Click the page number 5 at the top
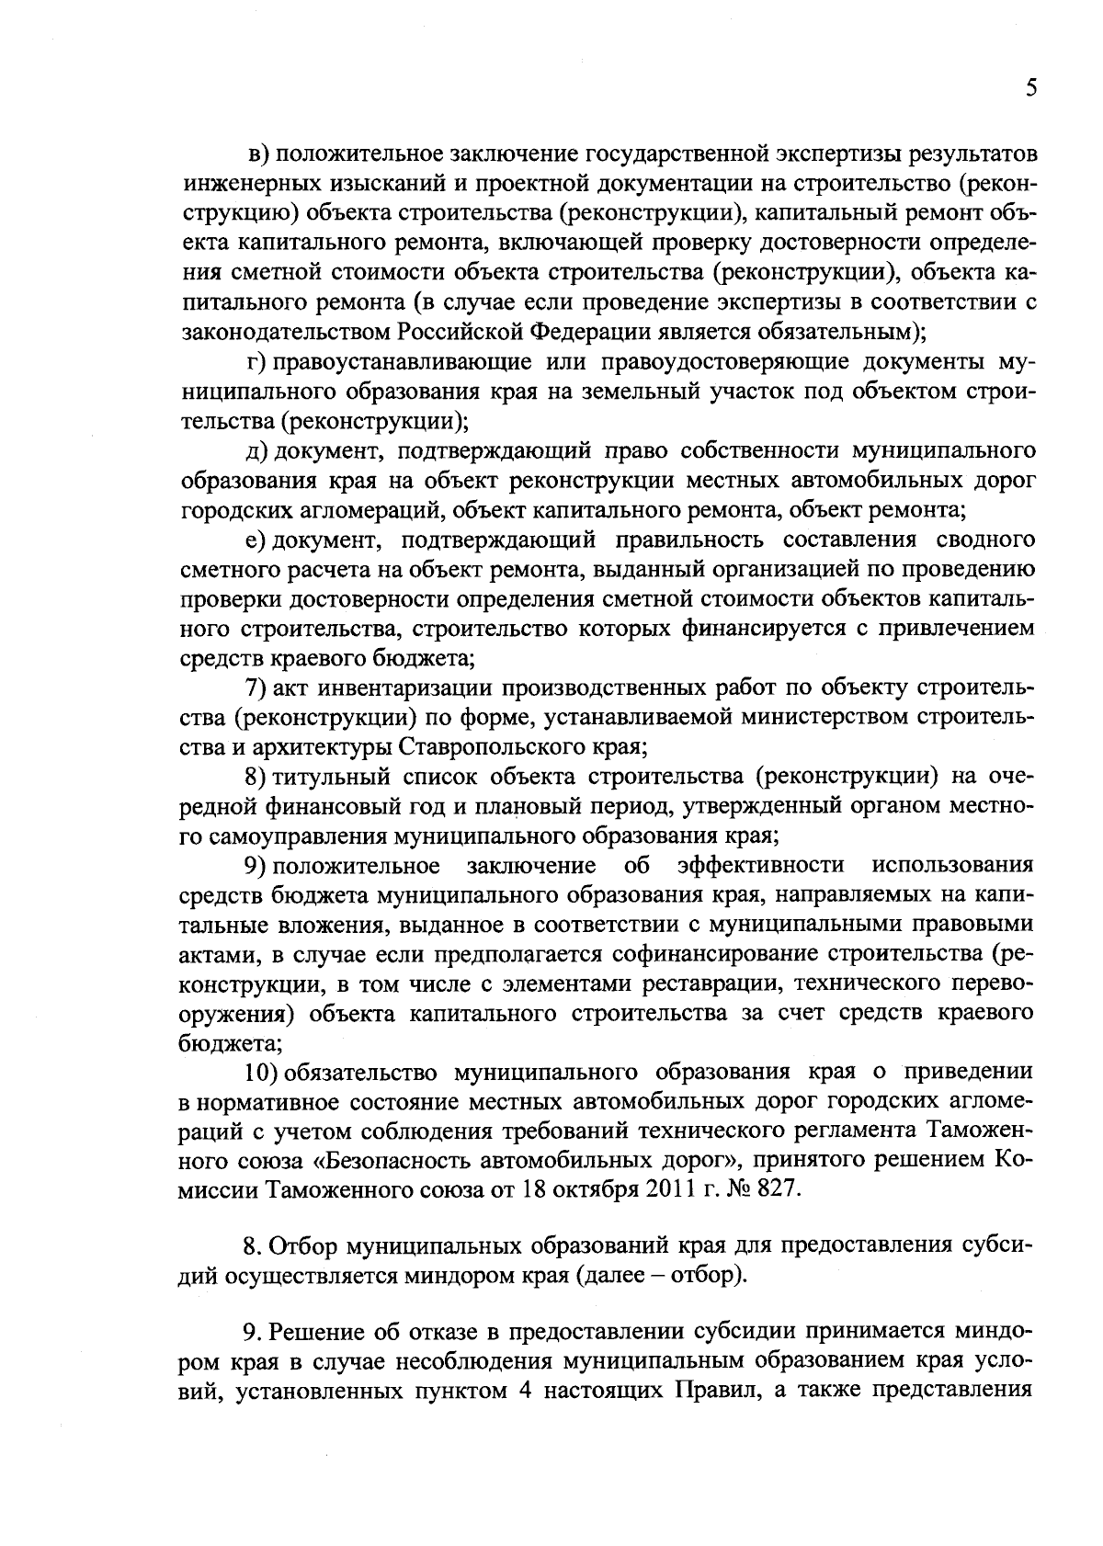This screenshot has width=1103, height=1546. pos(1029,88)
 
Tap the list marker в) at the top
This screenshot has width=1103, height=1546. pos(261,153)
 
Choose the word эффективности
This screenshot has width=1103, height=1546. pos(760,866)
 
